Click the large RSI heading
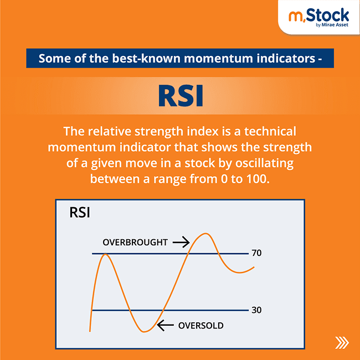tap(180, 96)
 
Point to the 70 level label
tap(256, 253)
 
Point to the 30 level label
tap(256, 310)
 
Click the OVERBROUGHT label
tap(135, 243)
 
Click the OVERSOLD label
tap(200, 326)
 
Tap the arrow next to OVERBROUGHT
tap(181, 242)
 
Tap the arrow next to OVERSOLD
tap(165, 326)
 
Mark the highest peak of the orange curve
tap(205, 234)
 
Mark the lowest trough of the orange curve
tap(145, 332)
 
